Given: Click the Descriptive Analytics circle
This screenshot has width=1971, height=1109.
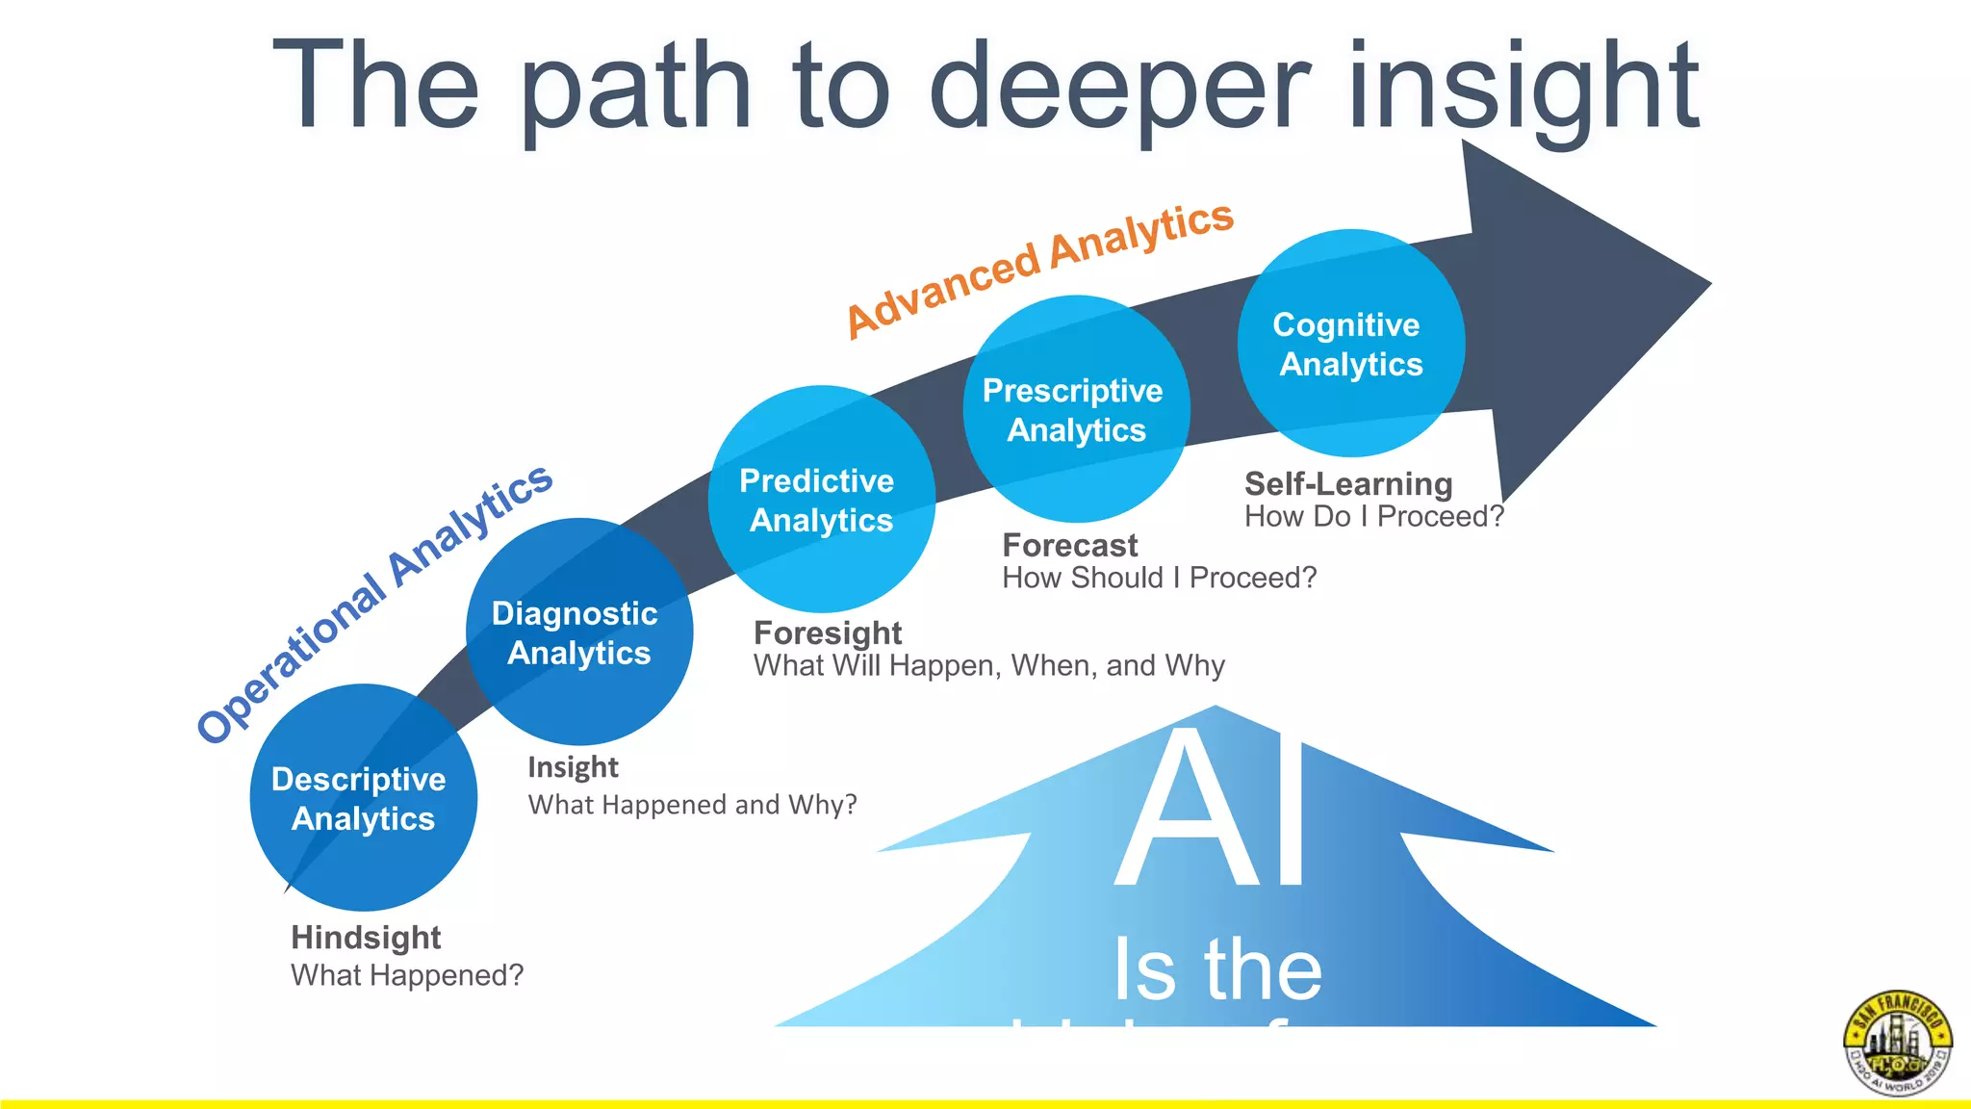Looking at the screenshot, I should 363,797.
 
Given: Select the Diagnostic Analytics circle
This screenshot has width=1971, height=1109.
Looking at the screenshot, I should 578,632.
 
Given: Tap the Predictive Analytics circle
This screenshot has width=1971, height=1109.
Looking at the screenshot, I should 821,499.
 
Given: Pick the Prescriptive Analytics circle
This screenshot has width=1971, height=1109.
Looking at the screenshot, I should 1076,408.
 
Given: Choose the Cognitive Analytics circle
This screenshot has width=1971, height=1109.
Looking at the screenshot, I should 1350,343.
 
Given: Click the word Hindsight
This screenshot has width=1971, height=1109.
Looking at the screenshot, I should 366,938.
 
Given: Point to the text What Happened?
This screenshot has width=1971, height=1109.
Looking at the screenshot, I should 407,975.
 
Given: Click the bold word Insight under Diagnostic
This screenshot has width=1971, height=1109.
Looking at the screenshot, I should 573,767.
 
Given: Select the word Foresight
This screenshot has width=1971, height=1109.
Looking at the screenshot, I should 828,633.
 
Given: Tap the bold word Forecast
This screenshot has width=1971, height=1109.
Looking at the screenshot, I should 1069,546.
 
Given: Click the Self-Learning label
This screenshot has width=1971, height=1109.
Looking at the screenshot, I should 1347,484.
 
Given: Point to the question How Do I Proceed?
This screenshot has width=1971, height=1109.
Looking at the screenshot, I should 1373,517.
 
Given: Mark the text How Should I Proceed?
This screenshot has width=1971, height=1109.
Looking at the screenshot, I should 1159,579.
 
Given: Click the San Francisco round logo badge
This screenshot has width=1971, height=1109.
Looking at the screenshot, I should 1897,1044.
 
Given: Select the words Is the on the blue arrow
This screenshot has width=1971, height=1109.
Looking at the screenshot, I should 1217,970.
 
